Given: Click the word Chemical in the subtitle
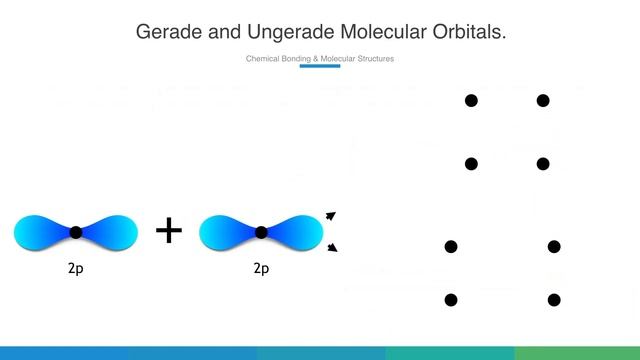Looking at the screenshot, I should pos(263,59).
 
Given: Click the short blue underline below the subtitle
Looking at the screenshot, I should pos(320,67).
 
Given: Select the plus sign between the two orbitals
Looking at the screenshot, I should pos(169,231).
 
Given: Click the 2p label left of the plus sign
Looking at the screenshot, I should pos(75,268).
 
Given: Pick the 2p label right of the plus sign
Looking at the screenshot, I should pos(261,268).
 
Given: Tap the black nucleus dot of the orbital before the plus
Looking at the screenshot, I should pos(76,232).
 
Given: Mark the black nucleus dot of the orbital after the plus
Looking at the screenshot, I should pos(261,232).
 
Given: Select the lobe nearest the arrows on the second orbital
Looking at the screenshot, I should pos(299,232).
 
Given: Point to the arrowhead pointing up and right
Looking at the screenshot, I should pos(331,215).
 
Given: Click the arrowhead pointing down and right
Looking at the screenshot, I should pos(331,248).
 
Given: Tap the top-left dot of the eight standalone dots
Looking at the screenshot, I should pos(471,100).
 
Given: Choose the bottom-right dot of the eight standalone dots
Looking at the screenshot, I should pos(554,300).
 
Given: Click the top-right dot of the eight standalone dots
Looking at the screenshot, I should pos(543,100).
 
